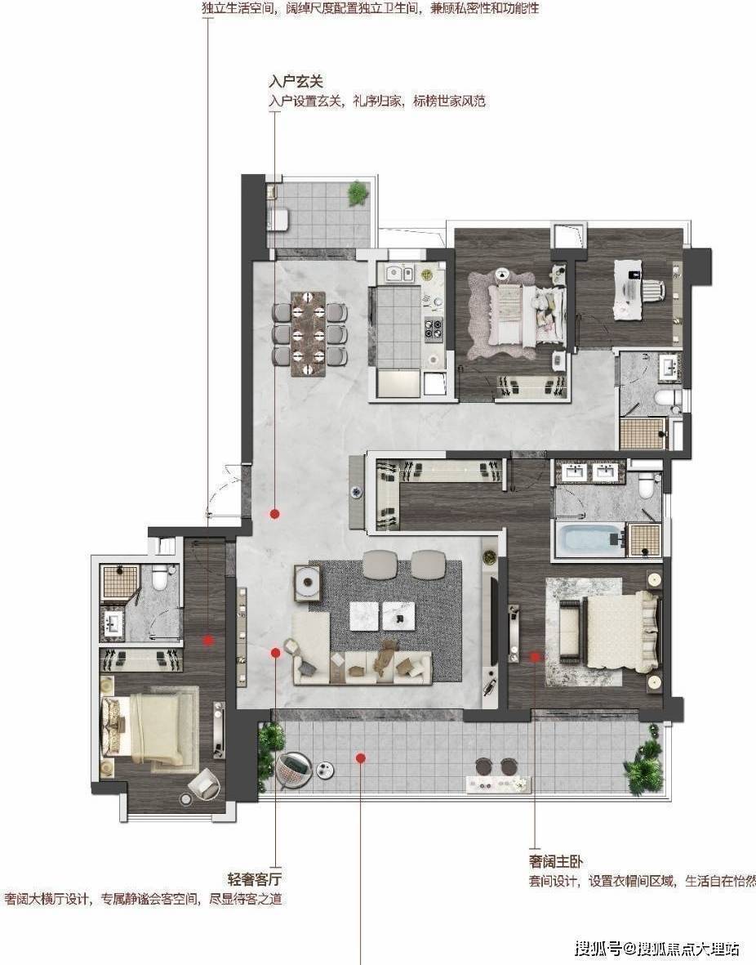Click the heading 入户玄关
(x=296, y=81)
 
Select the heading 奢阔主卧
(x=555, y=861)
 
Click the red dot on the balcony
(x=361, y=757)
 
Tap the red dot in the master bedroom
(x=536, y=657)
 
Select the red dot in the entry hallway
(x=275, y=513)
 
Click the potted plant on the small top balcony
(x=358, y=194)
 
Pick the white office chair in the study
(x=655, y=288)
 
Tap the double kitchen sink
(x=399, y=273)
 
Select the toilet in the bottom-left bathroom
(x=160, y=577)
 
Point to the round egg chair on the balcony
(x=293, y=769)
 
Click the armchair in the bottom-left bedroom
(x=202, y=784)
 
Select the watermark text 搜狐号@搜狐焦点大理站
(x=656, y=948)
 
